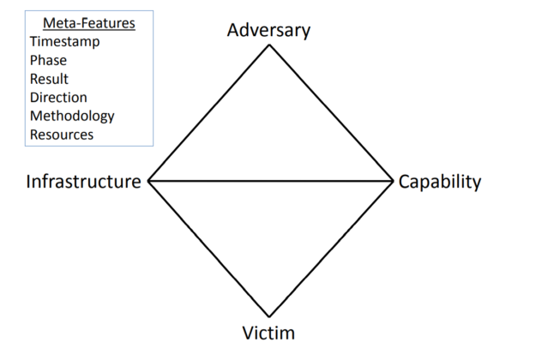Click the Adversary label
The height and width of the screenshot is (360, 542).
click(268, 30)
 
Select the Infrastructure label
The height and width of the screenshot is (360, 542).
click(83, 182)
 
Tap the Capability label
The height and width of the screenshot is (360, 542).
click(440, 182)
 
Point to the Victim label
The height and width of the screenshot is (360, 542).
click(270, 333)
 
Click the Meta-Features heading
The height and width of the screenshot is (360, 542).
click(89, 22)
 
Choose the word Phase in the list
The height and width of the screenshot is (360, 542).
click(48, 60)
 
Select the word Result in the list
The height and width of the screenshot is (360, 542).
click(49, 79)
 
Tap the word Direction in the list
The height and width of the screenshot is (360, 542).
click(58, 97)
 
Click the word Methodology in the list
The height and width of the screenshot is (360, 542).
click(72, 116)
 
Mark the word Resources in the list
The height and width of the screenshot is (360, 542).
click(62, 135)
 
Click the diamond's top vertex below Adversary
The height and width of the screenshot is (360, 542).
click(269, 45)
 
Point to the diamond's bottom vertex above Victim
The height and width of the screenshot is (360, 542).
click(269, 317)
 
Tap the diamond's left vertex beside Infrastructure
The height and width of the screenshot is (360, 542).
click(148, 181)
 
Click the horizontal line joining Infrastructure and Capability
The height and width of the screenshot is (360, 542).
click(271, 181)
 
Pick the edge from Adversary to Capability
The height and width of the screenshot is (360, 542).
click(331, 112)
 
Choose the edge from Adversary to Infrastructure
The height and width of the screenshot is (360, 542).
click(208, 113)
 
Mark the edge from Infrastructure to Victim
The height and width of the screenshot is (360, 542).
click(208, 249)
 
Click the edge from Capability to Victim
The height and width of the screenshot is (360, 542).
click(331, 249)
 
